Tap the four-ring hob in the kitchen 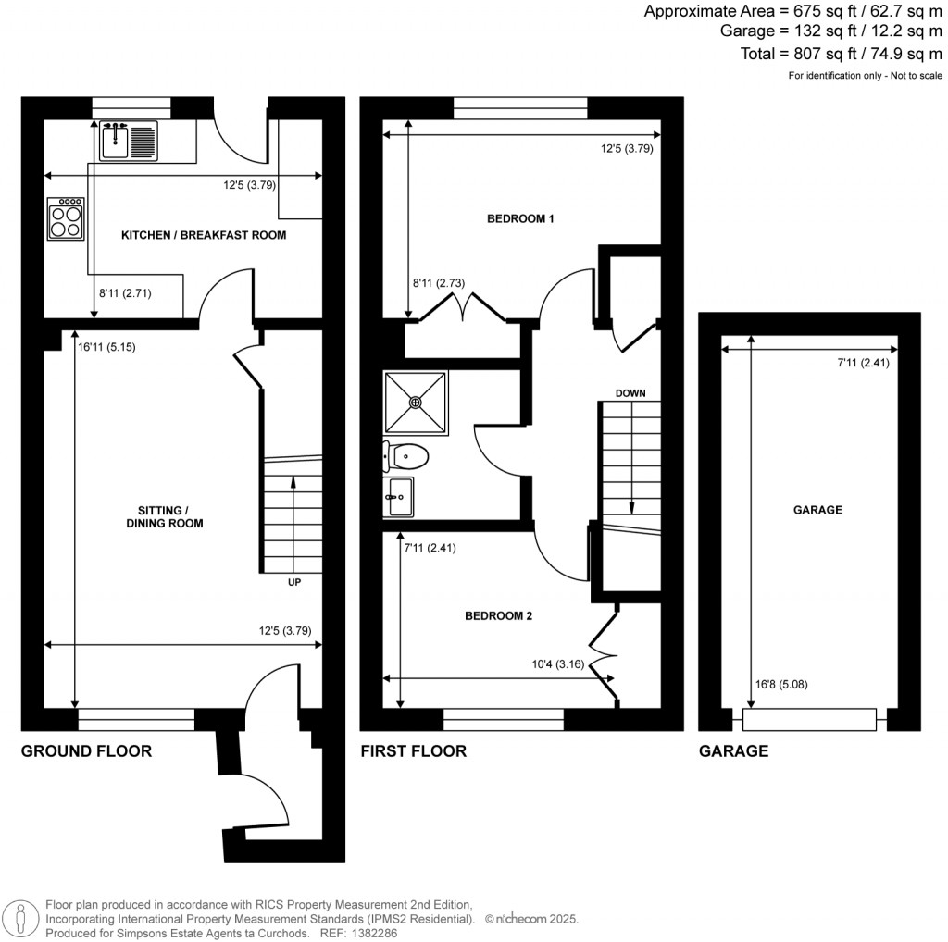66,219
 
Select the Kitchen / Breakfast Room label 204,235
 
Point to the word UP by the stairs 293,583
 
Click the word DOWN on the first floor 630,393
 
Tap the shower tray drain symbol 416,403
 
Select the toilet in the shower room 406,456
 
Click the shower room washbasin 399,497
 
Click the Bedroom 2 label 498,615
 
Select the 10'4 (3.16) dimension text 564,663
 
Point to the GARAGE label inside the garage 817,510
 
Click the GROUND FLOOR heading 86,751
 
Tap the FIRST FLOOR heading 413,751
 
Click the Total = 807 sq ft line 841,54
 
